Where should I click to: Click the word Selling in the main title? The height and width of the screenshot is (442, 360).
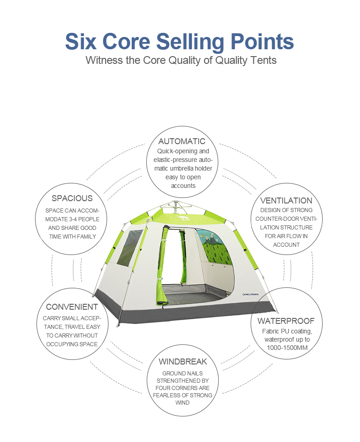click(x=190, y=42)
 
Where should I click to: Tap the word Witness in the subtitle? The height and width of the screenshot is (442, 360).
click(x=104, y=60)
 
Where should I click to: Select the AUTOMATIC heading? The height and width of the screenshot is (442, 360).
click(x=182, y=141)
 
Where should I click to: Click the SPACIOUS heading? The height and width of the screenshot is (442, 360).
click(x=72, y=198)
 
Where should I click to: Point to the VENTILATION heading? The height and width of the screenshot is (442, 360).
click(x=286, y=201)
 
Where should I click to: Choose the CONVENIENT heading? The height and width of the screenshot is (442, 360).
click(x=72, y=307)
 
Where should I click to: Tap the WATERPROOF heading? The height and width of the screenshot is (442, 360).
click(x=286, y=321)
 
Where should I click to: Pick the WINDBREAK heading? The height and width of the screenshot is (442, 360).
click(x=183, y=362)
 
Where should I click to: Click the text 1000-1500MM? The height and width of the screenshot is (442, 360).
click(x=287, y=348)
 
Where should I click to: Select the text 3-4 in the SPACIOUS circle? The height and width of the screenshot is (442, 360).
click(x=72, y=219)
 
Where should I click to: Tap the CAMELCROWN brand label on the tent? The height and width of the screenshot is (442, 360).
click(x=251, y=295)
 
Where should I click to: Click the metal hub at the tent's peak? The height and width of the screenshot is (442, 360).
click(x=175, y=203)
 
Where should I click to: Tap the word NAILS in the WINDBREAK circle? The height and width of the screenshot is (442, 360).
click(x=195, y=374)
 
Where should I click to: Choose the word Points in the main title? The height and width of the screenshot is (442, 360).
click(x=262, y=42)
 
